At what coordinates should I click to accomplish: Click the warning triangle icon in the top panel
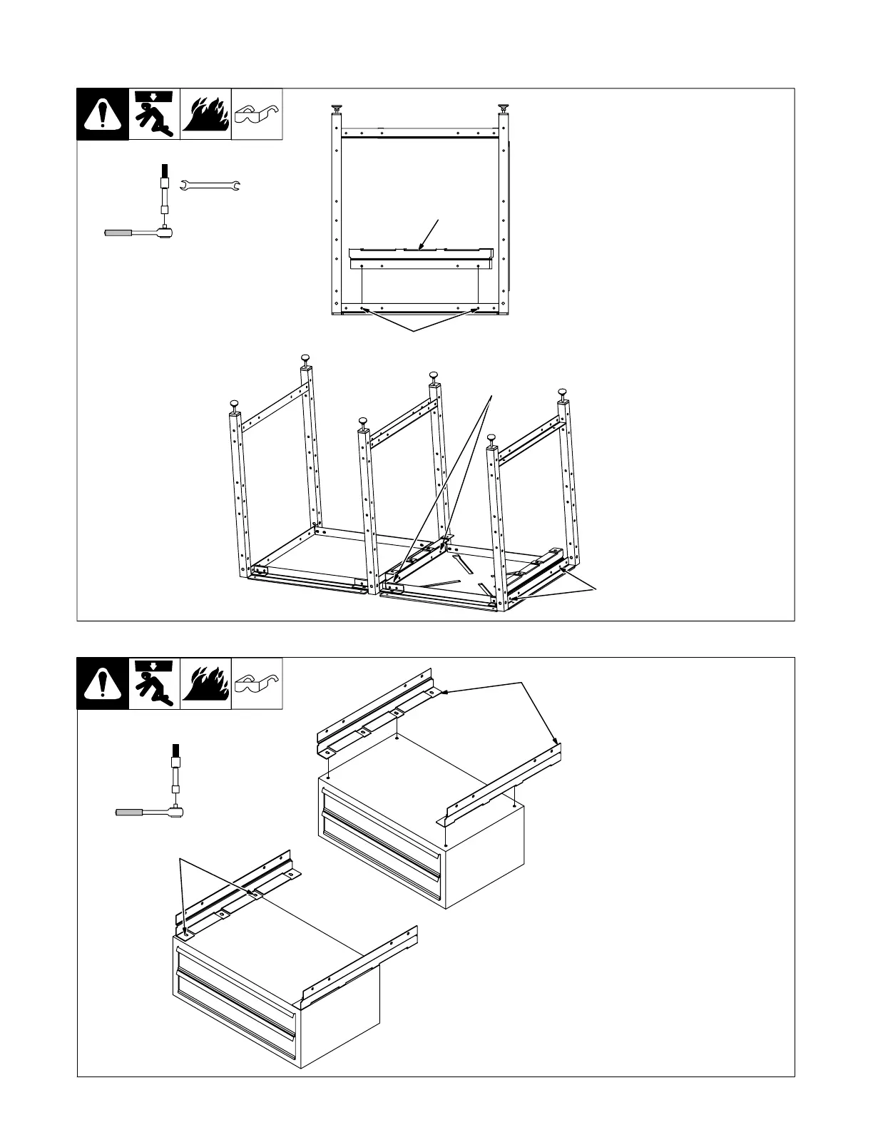pos(103,114)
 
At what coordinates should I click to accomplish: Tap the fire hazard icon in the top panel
pos(205,114)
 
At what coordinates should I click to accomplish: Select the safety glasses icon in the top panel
pos(257,114)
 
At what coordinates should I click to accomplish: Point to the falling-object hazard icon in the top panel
pos(154,114)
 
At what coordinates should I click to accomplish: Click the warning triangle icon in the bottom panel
pos(103,683)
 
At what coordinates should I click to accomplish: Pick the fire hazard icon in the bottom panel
pos(205,683)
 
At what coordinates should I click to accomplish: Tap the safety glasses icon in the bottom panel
pos(257,683)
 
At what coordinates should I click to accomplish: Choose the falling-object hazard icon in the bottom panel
pos(154,683)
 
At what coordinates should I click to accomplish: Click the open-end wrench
pos(212,186)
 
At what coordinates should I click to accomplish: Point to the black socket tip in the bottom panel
pos(174,750)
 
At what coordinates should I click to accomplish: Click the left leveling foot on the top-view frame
pos(335,108)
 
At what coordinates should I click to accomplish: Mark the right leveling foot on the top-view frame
pos(504,108)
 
